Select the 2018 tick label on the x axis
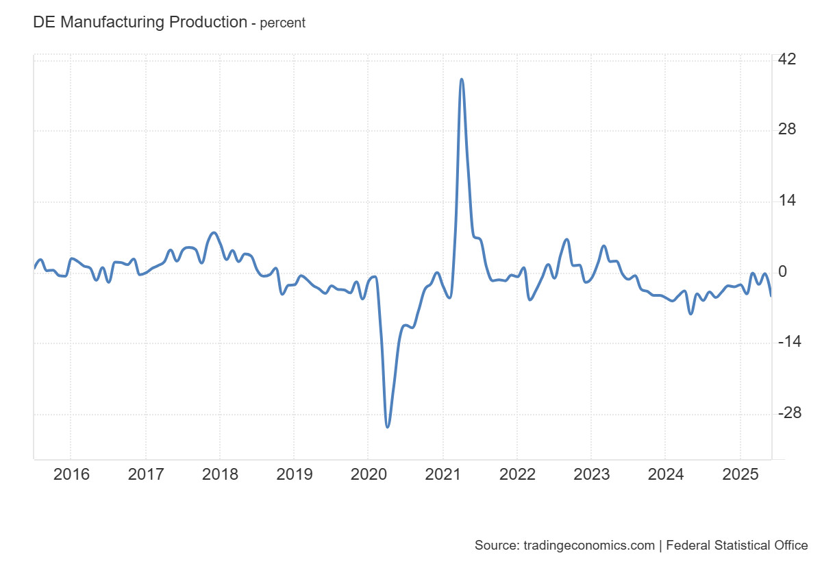220,474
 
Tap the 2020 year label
368,474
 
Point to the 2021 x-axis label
443,474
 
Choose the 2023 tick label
591,474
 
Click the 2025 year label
740,474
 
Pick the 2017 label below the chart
145,474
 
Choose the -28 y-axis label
790,414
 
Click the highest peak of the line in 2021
462,80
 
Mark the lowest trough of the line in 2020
387,427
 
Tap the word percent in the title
282,23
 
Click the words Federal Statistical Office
737,546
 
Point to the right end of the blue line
771,295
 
